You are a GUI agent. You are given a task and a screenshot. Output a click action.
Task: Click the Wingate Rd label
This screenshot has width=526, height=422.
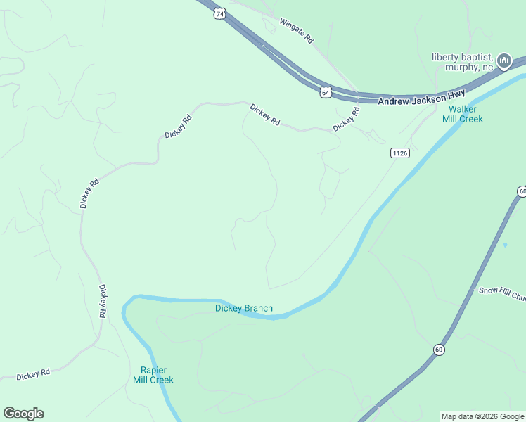296,32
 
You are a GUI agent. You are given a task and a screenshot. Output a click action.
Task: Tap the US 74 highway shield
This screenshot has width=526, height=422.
221,13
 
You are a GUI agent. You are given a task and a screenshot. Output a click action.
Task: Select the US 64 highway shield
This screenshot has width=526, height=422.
326,92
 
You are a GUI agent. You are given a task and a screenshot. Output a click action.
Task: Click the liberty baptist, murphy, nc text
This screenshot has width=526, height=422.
462,62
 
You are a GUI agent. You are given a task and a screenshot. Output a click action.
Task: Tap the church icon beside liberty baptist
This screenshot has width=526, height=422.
503,62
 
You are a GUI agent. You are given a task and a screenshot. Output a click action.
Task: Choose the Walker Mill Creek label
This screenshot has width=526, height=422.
463,114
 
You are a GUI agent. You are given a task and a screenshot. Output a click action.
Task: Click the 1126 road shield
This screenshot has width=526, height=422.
399,153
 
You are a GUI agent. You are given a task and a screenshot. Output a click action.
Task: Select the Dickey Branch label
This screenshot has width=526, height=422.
243,308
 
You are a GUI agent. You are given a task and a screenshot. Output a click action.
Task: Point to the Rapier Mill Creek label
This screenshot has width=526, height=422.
153,375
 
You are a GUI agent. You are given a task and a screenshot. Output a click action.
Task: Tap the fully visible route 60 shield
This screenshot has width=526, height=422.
439,349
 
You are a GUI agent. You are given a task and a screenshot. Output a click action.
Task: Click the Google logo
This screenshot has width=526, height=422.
23,414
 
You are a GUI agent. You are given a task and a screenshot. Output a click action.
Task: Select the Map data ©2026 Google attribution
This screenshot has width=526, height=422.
483,416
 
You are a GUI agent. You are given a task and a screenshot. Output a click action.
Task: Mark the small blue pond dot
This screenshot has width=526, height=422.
505,245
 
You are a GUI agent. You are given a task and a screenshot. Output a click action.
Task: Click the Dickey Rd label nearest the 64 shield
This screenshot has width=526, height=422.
346,119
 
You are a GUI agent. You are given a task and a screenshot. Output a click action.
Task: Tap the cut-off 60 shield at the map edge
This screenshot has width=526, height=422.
522,191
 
